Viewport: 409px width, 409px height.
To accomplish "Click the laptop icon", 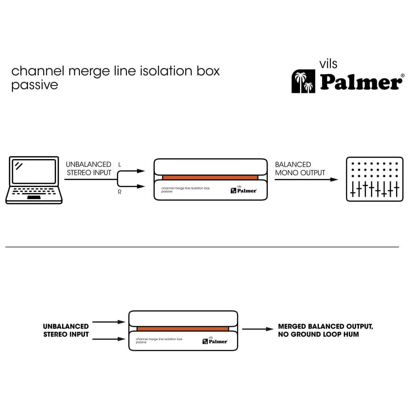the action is point(34,180).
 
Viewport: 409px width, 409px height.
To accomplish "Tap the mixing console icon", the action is point(375,179).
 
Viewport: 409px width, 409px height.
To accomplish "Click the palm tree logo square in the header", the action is point(303,81).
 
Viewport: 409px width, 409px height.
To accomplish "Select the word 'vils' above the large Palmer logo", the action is point(328,64).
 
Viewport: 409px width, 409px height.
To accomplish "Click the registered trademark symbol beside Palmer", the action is point(403,75).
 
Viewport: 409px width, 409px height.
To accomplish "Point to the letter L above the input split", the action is point(119,165).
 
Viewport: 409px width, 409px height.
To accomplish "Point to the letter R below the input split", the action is point(119,192).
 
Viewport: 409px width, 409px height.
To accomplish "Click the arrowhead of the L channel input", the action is point(141,171).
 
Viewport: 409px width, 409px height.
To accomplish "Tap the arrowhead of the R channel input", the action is point(141,186).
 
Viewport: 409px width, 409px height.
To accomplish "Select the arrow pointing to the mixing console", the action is point(306,180).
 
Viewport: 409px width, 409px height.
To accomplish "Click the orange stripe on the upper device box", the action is point(210,178).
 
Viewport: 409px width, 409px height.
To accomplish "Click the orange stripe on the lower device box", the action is point(182,329).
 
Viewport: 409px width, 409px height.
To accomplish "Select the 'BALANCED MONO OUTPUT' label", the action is point(300,169).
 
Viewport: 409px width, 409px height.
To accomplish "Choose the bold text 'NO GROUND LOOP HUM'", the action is point(318,334).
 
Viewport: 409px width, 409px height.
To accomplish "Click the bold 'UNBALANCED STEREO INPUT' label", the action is point(66,330).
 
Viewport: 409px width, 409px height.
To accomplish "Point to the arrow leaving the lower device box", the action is point(258,329).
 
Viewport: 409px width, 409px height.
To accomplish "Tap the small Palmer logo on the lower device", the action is point(215,341).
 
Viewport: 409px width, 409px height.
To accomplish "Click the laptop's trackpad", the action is point(34,198).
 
